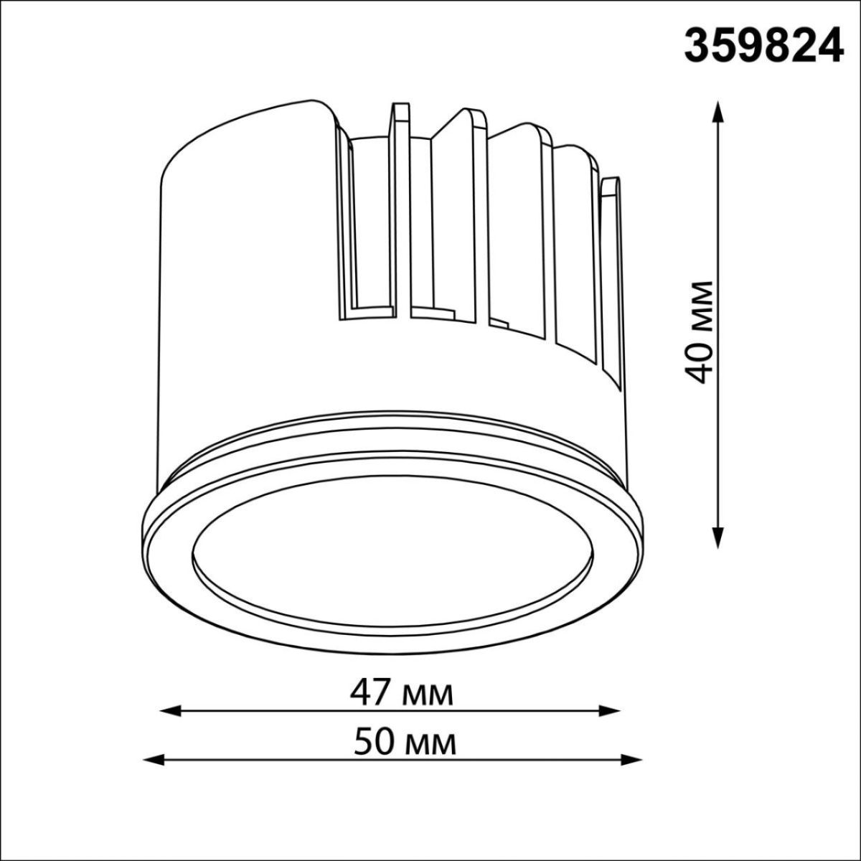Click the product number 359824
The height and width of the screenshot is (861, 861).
(x=763, y=46)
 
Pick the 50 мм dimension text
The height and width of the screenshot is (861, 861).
(x=405, y=743)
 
